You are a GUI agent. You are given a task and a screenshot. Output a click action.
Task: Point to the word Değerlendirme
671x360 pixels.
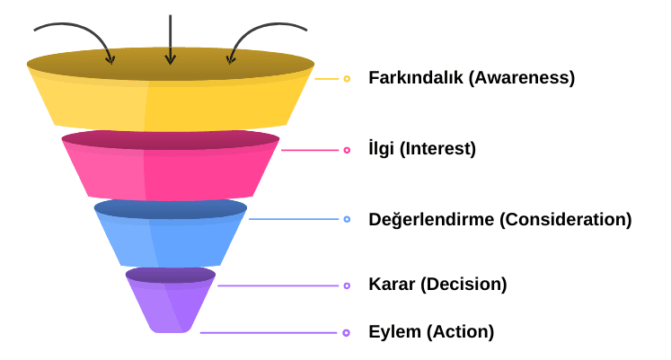429,220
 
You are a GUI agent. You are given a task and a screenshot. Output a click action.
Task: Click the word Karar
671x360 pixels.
391,285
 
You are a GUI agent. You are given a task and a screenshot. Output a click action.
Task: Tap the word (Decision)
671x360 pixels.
463,285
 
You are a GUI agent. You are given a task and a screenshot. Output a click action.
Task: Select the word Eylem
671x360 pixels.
394,332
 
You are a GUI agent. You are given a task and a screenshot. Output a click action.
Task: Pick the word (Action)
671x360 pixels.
460,332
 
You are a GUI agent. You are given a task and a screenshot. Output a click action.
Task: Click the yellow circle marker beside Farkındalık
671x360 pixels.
347,79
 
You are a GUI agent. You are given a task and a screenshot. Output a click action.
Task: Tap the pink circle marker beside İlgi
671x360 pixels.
347,150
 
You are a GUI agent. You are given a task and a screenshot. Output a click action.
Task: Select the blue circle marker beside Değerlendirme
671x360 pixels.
347,220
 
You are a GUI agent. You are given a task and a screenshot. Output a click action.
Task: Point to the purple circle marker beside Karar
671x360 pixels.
347,285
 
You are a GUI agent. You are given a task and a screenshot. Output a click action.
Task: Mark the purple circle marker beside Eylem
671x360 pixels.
347,333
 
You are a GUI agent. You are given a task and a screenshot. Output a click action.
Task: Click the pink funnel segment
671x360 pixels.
171,171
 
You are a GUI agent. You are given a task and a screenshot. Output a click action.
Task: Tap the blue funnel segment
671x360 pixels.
171,238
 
